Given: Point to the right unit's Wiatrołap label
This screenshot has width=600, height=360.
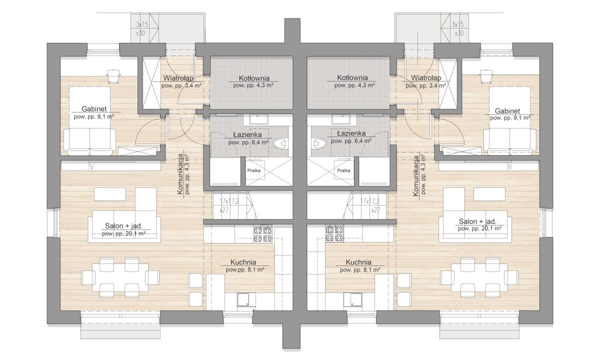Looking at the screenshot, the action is click(426, 77).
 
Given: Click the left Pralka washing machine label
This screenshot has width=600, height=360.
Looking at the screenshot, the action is click(253, 170).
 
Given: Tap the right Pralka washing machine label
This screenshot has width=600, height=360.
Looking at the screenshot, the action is click(343, 170).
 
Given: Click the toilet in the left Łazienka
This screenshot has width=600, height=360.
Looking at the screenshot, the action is click(280, 144).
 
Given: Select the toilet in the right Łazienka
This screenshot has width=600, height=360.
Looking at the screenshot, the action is click(319, 143).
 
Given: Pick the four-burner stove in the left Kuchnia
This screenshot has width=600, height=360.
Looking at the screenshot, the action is click(262, 234).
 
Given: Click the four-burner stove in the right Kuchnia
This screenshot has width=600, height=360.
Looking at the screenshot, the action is click(334, 234).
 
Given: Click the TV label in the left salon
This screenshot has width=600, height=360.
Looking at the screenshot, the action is click(91, 167).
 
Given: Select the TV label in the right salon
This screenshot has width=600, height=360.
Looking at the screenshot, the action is click(509, 167).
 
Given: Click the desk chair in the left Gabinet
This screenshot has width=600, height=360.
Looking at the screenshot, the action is click(113, 75).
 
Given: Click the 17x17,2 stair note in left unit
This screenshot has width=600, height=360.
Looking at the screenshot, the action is click(229, 201).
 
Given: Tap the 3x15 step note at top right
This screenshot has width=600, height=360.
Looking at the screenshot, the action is click(457, 24).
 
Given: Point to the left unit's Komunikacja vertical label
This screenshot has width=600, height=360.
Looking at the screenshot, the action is click(180, 174).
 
